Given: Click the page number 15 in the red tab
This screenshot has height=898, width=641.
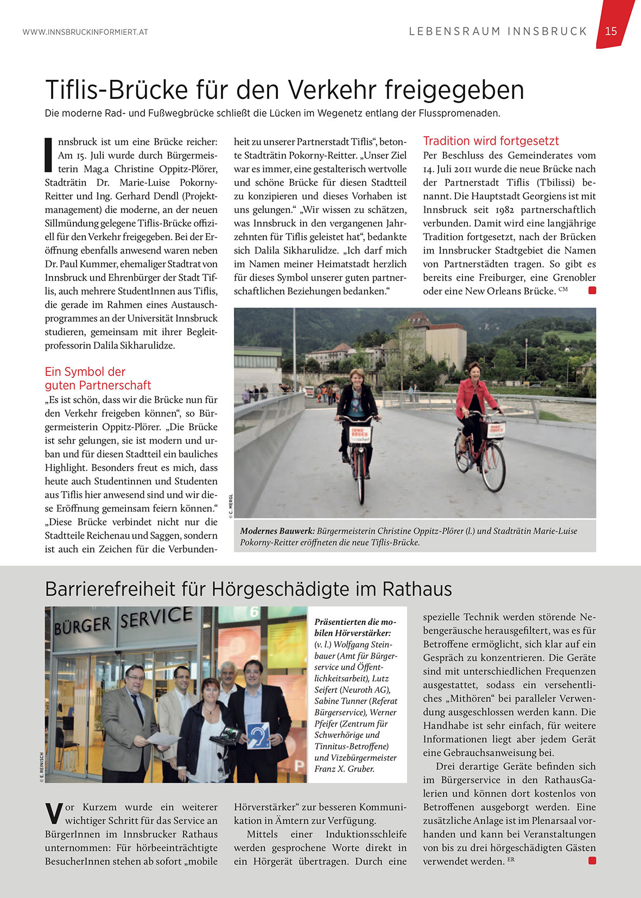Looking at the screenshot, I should (611, 31).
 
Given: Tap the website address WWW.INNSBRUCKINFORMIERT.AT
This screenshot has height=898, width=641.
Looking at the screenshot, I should (85, 32).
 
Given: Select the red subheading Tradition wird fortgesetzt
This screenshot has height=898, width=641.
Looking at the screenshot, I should (491, 141).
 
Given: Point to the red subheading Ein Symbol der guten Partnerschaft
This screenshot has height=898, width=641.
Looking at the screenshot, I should (98, 378).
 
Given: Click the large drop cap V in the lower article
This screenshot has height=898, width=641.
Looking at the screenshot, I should (54, 813).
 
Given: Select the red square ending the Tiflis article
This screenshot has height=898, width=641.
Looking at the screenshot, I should (592, 290).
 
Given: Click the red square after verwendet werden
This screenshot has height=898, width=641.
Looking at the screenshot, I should (592, 861).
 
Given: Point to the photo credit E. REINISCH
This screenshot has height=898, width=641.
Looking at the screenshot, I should (42, 767).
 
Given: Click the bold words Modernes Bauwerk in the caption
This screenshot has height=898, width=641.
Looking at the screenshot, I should (277, 531).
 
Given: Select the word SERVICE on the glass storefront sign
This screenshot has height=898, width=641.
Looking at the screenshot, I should (156, 617).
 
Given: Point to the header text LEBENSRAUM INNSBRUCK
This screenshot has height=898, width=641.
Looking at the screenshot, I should (498, 31).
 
